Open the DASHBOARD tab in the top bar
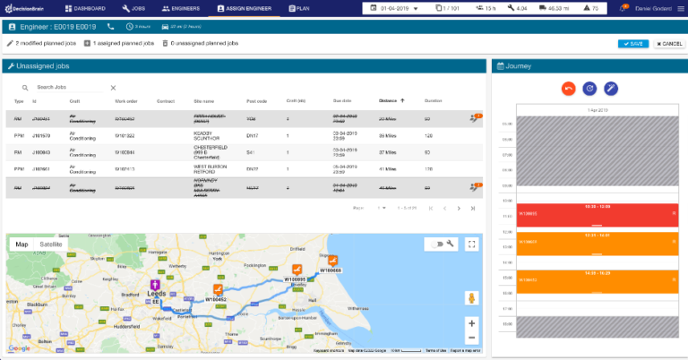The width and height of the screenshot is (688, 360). click(89, 8)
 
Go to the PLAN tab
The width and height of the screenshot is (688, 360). click(300, 8)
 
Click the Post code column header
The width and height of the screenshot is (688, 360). click(256, 101)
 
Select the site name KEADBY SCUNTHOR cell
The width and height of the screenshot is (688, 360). click(208, 135)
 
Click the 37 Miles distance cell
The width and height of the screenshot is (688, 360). click(387, 152)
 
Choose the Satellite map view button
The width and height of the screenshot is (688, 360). click(51, 244)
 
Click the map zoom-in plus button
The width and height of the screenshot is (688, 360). click(472, 322)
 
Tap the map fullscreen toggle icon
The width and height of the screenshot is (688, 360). click(472, 244)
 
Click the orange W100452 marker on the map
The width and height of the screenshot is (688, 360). click(216, 290)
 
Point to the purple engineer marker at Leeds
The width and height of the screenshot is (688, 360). click(156, 287)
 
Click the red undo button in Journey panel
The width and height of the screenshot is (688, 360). click(567, 88)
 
